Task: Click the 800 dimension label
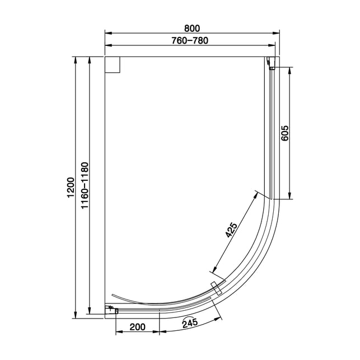click(192, 28)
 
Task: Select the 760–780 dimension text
click(190, 41)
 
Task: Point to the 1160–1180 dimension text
click(85, 185)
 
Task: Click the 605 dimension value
click(284, 133)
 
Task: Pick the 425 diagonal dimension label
click(231, 230)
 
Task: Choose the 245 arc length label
click(190, 323)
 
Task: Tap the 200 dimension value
click(138, 327)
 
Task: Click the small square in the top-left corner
click(113, 65)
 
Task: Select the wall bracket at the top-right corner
click(271, 63)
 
